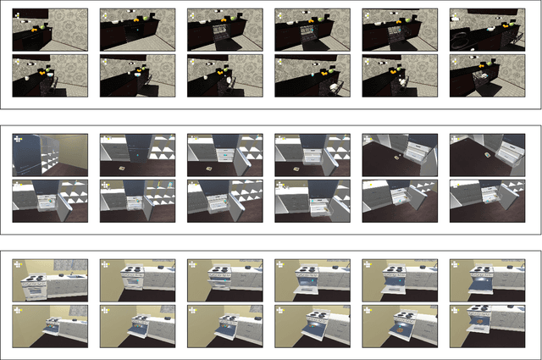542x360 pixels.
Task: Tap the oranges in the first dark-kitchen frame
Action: coord(35,28)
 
